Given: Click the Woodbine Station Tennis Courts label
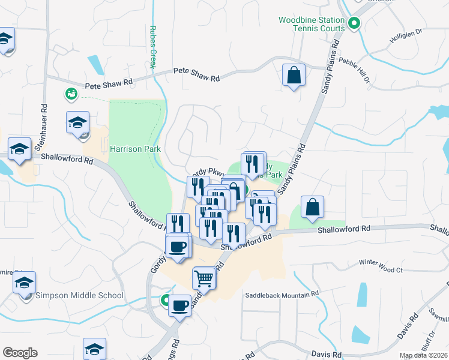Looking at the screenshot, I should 312,24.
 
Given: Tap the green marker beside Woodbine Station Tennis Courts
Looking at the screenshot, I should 354,25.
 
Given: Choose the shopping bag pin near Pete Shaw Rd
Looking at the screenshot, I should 294,76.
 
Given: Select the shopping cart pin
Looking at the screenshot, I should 204,278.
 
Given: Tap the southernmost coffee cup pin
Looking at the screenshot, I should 179,307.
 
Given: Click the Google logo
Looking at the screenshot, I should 20,353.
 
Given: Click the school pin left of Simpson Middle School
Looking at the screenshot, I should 25,283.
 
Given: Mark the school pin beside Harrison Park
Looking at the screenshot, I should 78,123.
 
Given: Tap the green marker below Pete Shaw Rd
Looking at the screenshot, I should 71,94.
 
